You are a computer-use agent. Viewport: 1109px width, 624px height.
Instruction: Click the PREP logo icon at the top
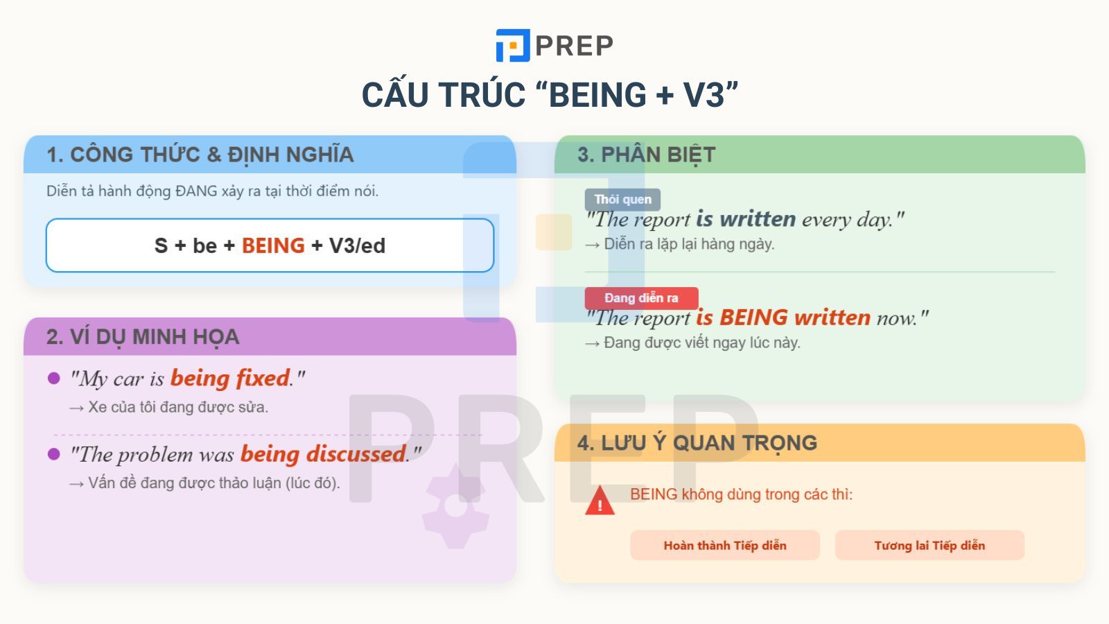(513, 46)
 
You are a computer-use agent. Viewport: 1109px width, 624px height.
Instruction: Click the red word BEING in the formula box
(273, 245)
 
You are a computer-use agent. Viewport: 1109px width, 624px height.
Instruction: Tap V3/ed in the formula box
(357, 245)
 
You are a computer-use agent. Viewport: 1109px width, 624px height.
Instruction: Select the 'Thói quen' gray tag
(622, 200)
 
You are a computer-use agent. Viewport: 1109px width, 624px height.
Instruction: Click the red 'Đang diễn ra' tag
(642, 298)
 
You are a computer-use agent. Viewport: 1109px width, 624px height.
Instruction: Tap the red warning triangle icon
(600, 501)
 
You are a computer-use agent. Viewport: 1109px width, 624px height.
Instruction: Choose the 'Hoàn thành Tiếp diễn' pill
(725, 545)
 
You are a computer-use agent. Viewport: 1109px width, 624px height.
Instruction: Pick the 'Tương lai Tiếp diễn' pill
(929, 545)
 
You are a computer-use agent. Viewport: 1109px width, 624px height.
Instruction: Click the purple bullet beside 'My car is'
(53, 379)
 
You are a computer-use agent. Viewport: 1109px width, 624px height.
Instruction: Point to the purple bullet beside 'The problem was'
(53, 454)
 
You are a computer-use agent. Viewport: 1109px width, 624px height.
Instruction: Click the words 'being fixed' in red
(230, 379)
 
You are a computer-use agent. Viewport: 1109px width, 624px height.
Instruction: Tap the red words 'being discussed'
(323, 454)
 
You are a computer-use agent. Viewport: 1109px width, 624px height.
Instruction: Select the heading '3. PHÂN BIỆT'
(646, 155)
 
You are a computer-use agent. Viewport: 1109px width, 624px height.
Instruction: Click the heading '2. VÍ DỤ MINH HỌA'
(143, 337)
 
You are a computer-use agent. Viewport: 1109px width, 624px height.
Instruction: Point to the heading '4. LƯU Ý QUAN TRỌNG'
(697, 443)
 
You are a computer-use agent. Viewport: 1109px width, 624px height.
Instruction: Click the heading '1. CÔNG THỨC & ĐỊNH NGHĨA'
(200, 155)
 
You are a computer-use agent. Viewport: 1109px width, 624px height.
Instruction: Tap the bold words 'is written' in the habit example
(746, 219)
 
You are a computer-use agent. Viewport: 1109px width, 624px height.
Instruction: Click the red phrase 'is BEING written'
(783, 318)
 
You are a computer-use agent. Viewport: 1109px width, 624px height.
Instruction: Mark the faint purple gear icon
(455, 506)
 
